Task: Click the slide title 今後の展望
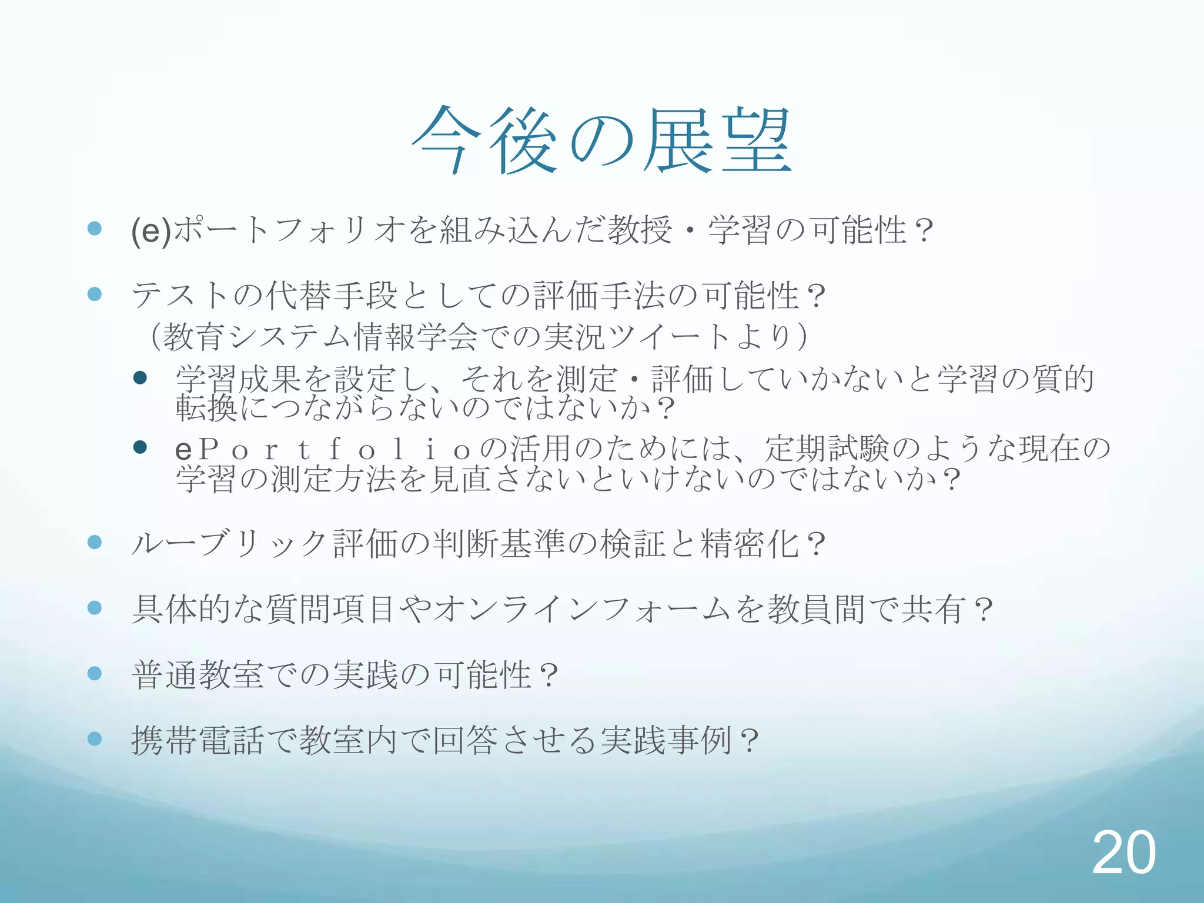[602, 141]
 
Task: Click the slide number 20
[1123, 852]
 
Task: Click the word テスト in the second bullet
[180, 295]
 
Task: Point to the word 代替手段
[332, 295]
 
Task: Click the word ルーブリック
[229, 544]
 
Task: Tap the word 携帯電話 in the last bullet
[198, 740]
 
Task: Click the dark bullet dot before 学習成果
[140, 377]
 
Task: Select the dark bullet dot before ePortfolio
[140, 448]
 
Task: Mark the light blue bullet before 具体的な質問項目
[95, 607]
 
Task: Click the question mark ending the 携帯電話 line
[750, 741]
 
